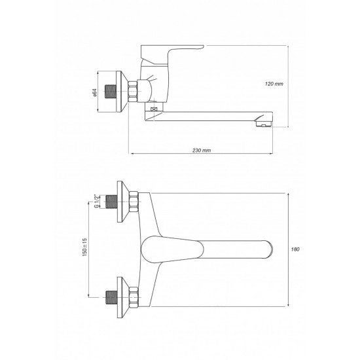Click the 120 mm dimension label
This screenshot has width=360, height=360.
274,84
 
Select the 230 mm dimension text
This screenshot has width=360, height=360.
202,151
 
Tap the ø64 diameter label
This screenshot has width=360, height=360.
95,92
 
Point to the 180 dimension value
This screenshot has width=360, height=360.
295,249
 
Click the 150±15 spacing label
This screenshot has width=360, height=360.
84,247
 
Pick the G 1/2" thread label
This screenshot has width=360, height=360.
97,201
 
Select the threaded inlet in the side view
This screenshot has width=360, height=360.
111,92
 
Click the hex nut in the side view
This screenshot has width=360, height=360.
132,92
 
